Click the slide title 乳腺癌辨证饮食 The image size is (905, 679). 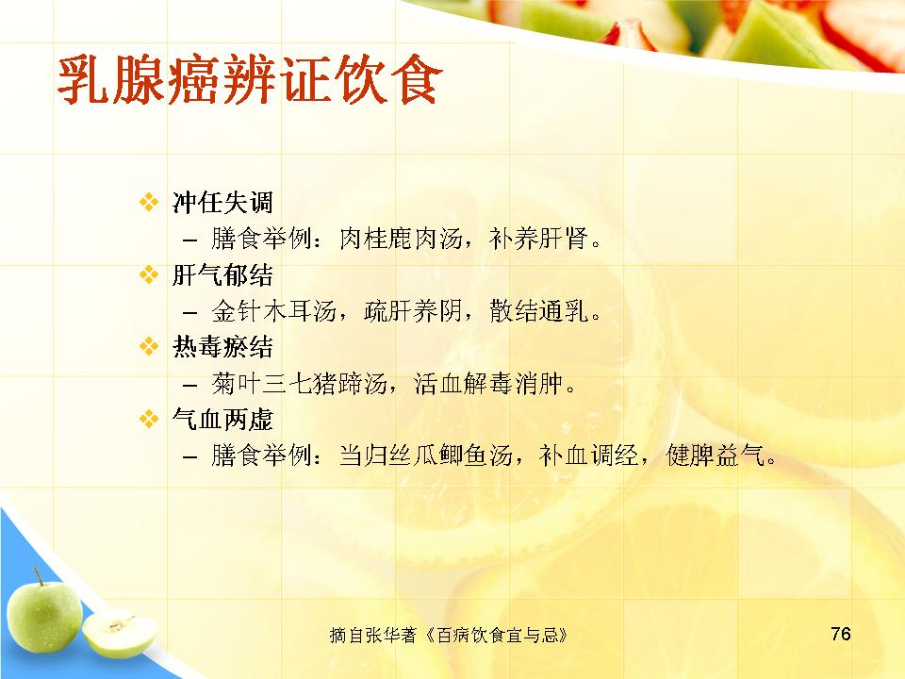coord(249,79)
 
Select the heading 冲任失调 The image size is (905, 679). coord(222,202)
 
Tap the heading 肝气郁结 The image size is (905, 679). coord(222,274)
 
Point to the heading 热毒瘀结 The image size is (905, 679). coord(222,347)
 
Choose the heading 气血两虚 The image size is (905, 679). coord(222,419)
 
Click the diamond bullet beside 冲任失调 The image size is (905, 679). coord(149,202)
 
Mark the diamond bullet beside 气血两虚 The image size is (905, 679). coord(149,419)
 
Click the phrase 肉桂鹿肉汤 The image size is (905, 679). coord(402,239)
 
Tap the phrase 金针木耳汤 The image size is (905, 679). coord(273,311)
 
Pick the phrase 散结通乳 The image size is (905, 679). coord(538,311)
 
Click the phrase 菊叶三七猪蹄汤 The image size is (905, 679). coord(299,384)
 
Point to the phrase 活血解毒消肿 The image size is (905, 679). coord(487,384)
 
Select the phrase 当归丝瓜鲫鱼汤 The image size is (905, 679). coord(426,455)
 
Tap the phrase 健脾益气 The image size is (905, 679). coord(715,455)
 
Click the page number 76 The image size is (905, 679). coord(841,634)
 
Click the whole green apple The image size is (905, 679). coord(43,616)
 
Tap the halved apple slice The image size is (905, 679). coord(120,634)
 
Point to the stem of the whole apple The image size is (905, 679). coord(38,575)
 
